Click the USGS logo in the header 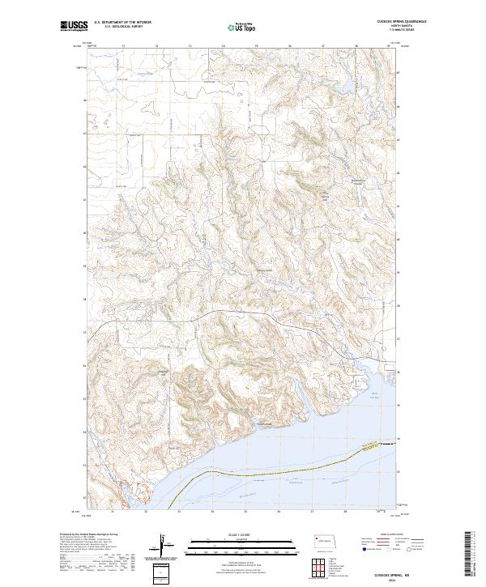[x=75, y=27]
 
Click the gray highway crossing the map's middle [x=243, y=311]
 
